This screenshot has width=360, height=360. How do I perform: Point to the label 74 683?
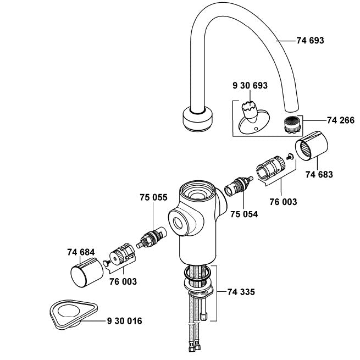pyautogui.click(x=320, y=174)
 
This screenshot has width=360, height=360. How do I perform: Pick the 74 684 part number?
pyautogui.click(x=81, y=252)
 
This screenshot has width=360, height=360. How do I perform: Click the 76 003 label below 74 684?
pyautogui.click(x=123, y=281)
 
